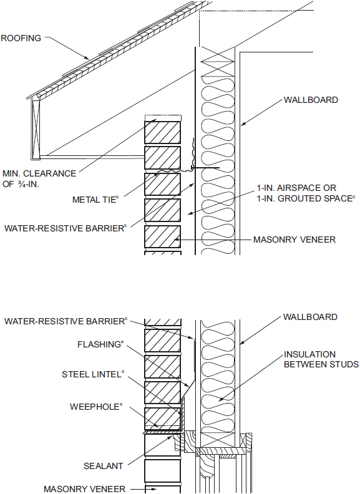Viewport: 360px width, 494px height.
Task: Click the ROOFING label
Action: [21, 38]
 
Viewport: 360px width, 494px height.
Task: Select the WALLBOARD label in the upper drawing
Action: [311, 100]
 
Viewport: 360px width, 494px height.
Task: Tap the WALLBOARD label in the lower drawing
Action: [310, 317]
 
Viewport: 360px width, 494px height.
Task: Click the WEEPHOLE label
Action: [95, 406]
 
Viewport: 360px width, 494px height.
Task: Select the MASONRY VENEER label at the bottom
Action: [84, 488]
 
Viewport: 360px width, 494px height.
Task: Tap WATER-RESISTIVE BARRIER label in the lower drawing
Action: [65, 321]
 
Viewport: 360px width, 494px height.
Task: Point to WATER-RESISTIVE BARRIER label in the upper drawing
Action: [65, 228]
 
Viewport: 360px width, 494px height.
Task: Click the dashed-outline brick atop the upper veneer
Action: [163, 118]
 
